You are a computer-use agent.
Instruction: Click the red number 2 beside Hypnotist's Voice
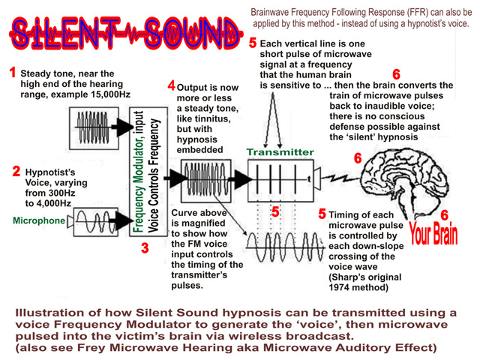tap(16, 171)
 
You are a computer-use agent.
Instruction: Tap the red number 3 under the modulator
tap(145, 247)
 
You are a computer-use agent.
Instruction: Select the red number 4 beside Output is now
tap(171, 86)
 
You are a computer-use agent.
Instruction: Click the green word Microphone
tap(38, 221)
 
